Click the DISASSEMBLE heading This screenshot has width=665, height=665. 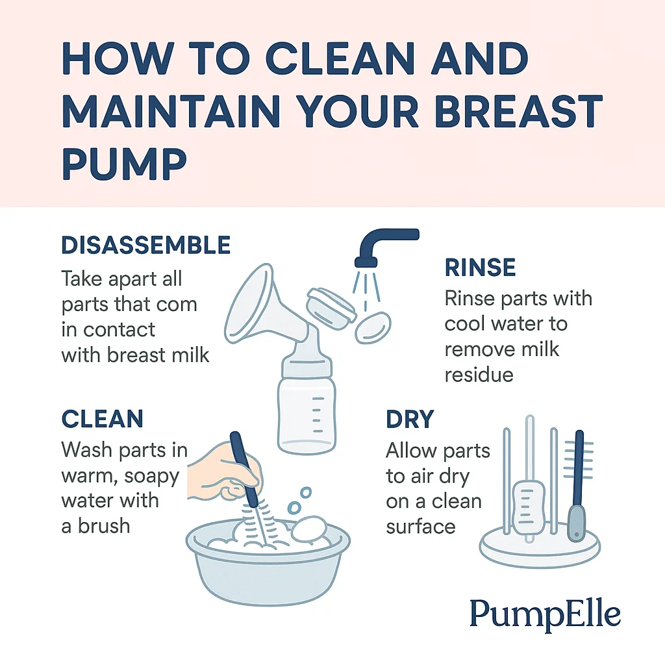pos(145,245)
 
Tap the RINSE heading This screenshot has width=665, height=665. pos(480,268)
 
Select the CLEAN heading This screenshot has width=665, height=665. pos(102,419)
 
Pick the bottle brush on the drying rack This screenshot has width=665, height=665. pos(577,481)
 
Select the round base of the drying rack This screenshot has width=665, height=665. pos(539,550)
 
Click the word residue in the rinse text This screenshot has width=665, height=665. pos(479,374)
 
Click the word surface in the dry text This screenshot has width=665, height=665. pos(420,525)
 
